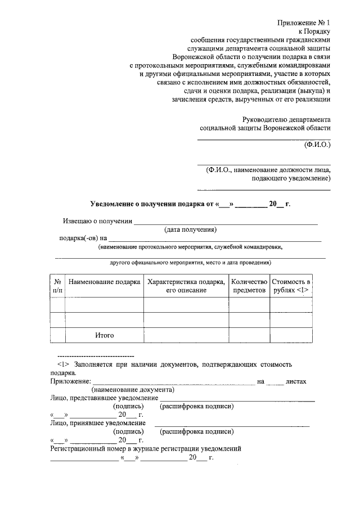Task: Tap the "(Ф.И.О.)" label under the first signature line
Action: tap(317, 144)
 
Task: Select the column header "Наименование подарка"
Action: tap(104, 281)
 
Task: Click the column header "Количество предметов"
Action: tap(249, 285)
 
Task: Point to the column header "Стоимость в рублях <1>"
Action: tap(291, 285)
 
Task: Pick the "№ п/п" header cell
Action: tap(57, 285)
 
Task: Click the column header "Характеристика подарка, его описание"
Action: tap(186, 285)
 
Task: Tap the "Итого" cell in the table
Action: tap(104, 335)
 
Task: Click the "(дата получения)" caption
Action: tap(191, 229)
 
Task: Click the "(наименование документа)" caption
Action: tap(133, 389)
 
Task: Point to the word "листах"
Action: tap(296, 381)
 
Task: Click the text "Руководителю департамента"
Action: tap(286, 119)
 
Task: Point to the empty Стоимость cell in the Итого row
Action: tap(291, 335)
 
